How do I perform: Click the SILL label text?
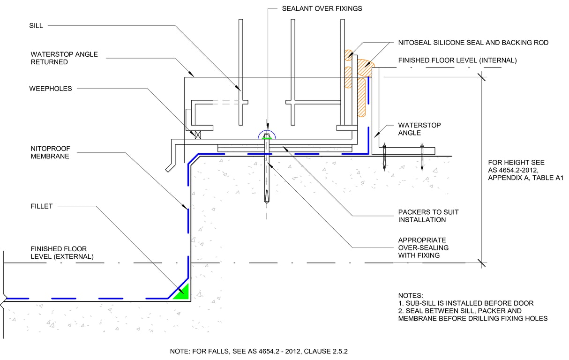36,26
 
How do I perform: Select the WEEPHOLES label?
51,89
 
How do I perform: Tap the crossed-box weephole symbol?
197,135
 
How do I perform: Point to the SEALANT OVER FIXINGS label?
322,8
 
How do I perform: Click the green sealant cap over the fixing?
267,137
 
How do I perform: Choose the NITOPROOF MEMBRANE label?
50,152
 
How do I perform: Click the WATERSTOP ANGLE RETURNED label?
64,58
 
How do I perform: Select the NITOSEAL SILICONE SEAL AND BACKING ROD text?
473,43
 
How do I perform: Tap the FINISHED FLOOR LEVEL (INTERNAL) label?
457,60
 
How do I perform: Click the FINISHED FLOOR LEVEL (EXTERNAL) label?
62,253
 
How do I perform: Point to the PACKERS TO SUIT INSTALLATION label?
428,216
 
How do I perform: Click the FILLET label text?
42,206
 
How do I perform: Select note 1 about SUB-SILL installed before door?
466,303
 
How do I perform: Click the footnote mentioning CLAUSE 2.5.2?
259,351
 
